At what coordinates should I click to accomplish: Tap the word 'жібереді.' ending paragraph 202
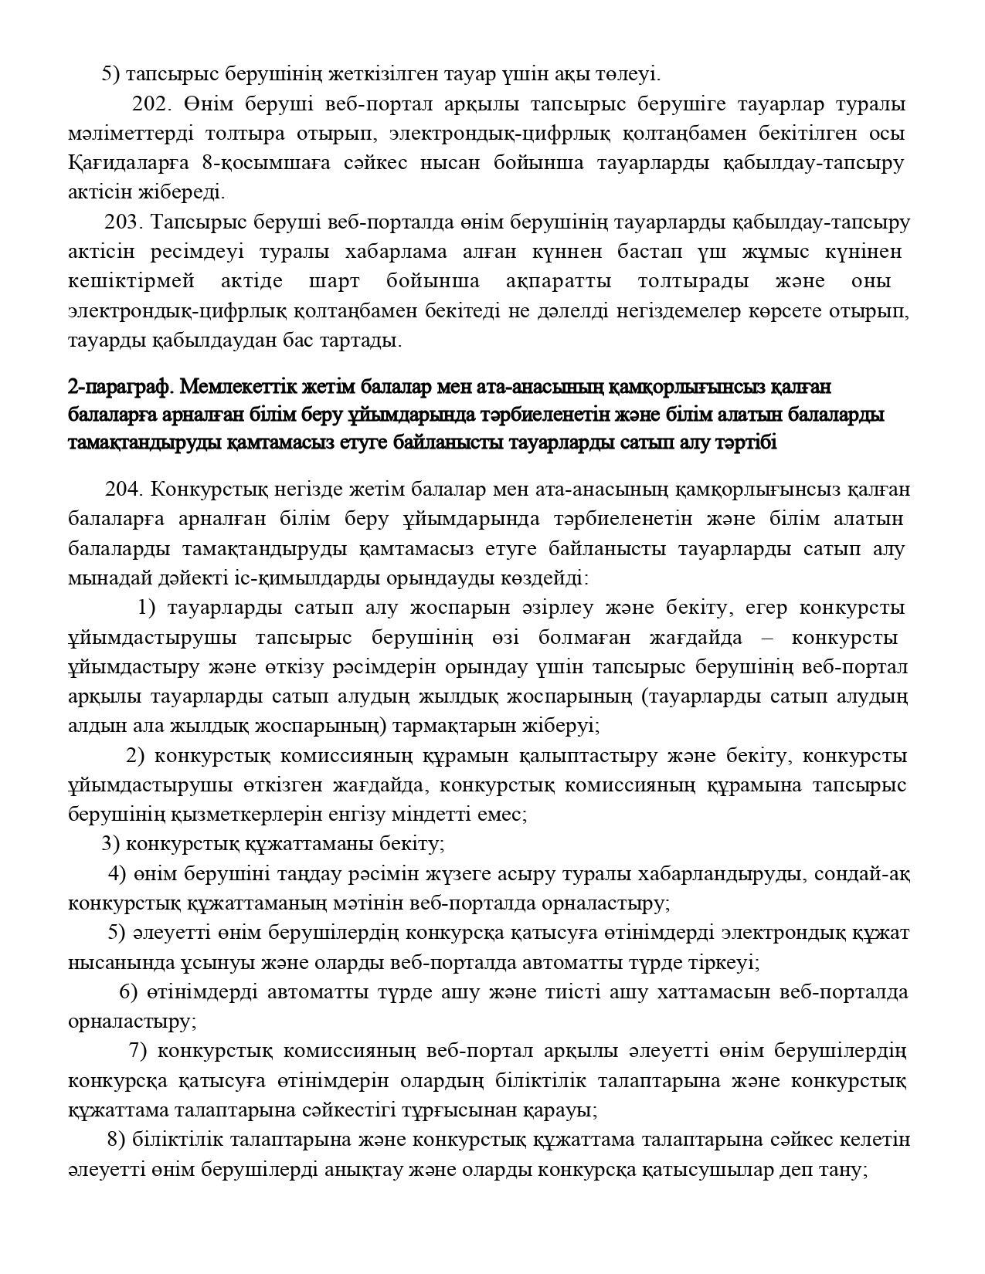(x=189, y=192)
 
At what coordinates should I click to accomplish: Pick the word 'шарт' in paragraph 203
(x=335, y=281)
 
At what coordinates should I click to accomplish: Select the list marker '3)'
(x=110, y=843)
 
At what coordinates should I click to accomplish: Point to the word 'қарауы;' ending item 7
(x=562, y=1110)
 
